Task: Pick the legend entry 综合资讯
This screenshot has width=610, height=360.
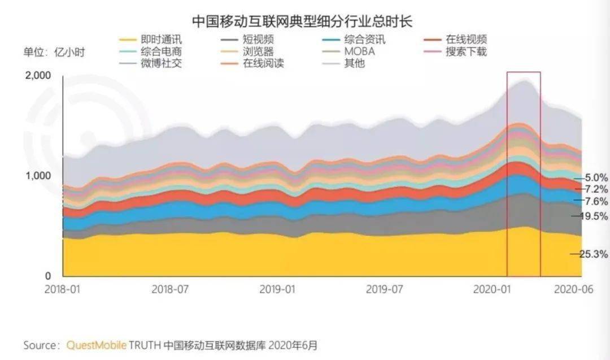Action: (365, 40)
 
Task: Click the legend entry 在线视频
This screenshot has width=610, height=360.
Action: (466, 40)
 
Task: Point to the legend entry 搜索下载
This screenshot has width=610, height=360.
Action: (466, 52)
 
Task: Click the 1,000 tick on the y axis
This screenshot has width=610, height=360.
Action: (38, 176)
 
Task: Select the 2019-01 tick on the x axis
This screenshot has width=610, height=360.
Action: (277, 289)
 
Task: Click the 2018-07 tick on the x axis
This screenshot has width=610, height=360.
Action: (170, 289)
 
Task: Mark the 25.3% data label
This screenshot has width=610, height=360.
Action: (593, 254)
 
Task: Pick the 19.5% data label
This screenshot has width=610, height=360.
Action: (593, 216)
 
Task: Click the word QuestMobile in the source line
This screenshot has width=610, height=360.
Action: (96, 344)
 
